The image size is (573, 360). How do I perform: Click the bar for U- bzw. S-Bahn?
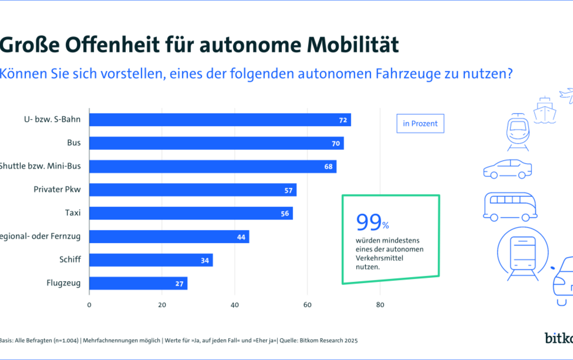point(220,120)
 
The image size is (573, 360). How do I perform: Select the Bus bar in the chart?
point(216,143)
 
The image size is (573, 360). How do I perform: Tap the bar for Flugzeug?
point(138,283)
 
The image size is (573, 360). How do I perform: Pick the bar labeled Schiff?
point(151,260)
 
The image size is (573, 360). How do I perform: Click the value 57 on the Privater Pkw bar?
point(288,190)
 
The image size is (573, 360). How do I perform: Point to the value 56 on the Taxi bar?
point(285,213)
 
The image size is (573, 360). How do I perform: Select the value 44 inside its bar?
point(241,237)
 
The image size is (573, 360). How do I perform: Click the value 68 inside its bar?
point(328,167)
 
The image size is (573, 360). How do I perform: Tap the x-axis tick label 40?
point(235,305)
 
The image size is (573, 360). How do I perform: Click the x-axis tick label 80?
point(380,305)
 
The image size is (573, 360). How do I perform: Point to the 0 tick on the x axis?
point(89,305)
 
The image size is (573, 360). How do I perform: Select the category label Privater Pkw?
point(57,190)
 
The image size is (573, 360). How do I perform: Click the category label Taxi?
point(73,213)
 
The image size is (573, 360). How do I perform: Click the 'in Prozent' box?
point(420,124)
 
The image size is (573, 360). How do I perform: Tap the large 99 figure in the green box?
point(368,223)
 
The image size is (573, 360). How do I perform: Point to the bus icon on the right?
point(510,207)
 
